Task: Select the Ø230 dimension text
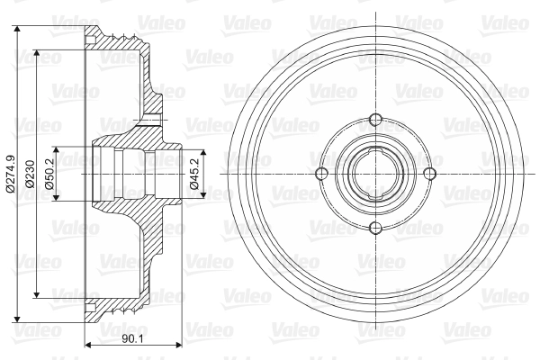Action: coord(31,174)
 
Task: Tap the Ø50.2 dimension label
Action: coord(49,174)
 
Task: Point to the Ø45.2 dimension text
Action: coord(195,174)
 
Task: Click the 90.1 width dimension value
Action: coord(132,339)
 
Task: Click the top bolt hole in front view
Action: coord(375,120)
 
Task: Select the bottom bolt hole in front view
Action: coord(375,228)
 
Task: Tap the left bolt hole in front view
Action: coord(321,174)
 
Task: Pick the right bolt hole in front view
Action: coord(429,174)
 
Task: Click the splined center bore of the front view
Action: coord(375,174)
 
